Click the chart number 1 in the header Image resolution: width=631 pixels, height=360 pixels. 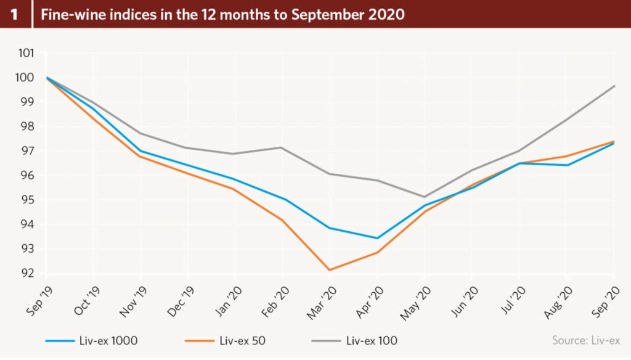pyautogui.click(x=14, y=14)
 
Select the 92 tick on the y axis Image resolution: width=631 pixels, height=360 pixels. pyautogui.click(x=27, y=274)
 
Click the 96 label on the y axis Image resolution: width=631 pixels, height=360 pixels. pyautogui.click(x=27, y=176)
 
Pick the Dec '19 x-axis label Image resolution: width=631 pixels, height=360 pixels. pyautogui.click(x=178, y=301)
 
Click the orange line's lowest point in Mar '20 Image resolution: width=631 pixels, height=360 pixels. pyautogui.click(x=330, y=270)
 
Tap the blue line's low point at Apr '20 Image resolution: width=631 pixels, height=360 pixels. pyautogui.click(x=377, y=238)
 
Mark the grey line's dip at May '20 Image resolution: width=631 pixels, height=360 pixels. pyautogui.click(x=425, y=197)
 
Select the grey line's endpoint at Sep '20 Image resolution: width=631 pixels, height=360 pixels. pyautogui.click(x=614, y=86)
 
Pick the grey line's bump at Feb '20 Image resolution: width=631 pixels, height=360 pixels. pyautogui.click(x=282, y=147)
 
